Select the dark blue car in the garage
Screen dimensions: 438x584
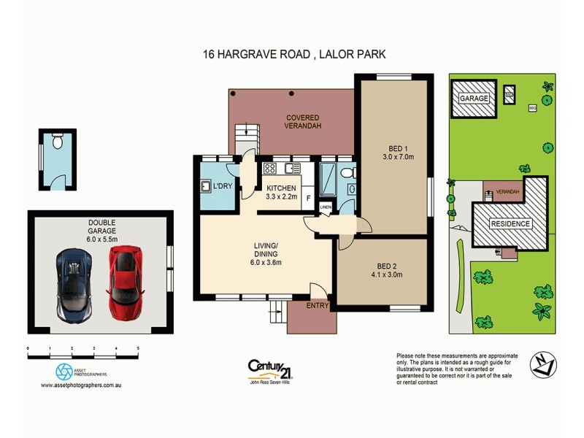75,283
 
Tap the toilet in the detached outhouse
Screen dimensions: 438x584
58,145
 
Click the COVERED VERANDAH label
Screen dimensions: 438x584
302,121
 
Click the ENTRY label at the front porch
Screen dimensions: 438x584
318,305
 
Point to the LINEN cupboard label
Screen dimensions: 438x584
326,207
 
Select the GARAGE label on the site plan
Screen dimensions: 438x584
474,98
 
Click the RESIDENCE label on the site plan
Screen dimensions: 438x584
510,223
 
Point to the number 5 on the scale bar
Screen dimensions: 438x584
138,349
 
